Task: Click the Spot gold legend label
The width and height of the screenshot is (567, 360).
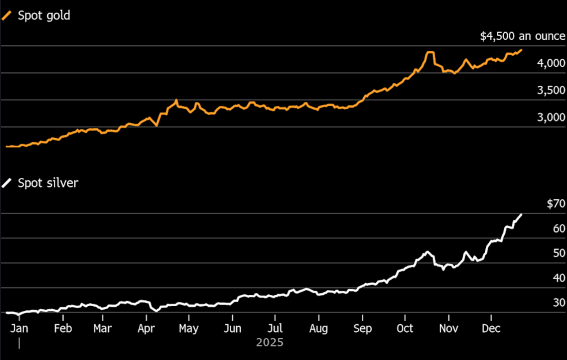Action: click(x=44, y=16)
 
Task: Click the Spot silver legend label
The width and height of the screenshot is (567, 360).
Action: click(x=48, y=183)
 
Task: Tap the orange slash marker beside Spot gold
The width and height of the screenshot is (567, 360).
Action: click(x=7, y=16)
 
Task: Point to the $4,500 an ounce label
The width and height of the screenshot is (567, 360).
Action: click(x=522, y=36)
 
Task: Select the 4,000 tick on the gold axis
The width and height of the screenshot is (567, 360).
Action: click(x=551, y=63)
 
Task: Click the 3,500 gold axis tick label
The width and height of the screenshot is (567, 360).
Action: click(x=551, y=90)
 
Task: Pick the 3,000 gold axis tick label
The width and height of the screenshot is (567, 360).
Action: click(x=551, y=118)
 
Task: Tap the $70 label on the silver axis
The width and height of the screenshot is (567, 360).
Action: click(x=556, y=203)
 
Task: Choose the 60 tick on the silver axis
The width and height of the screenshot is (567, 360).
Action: click(x=559, y=228)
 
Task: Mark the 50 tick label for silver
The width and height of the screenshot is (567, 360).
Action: click(x=559, y=253)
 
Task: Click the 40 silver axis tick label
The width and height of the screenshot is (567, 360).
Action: click(x=559, y=278)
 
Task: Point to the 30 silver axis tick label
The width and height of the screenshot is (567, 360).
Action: click(x=559, y=303)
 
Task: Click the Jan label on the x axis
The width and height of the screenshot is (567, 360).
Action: click(x=19, y=328)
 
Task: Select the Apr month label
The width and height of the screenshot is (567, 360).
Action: click(x=146, y=328)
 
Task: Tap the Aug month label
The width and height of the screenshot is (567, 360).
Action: click(x=318, y=328)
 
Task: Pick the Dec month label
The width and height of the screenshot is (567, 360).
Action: click(x=491, y=328)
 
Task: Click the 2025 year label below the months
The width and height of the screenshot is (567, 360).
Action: click(x=270, y=342)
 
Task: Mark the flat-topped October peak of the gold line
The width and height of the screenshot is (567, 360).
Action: click(x=430, y=52)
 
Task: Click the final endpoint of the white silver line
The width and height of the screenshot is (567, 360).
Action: click(x=521, y=214)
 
